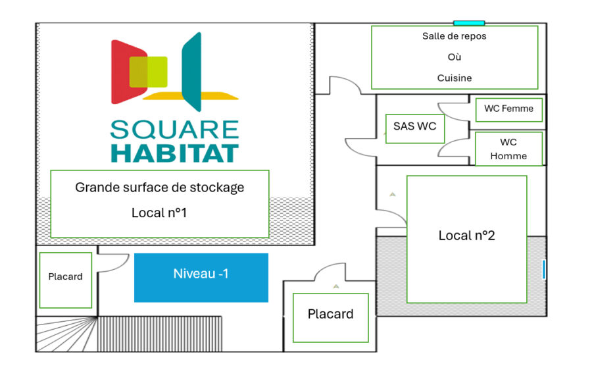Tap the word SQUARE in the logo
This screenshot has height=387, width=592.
tap(174, 129)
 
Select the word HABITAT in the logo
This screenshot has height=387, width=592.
tap(174, 153)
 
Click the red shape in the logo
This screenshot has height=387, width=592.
tap(122, 71)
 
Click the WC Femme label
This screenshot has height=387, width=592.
tap(508, 109)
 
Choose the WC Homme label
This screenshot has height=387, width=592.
tap(508, 149)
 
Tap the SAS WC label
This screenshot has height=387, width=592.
tap(414, 126)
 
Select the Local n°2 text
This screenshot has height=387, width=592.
tap(466, 236)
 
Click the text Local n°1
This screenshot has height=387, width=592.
tap(159, 213)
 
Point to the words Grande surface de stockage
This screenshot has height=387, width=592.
tap(159, 188)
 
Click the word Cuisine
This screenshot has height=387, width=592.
tap(455, 78)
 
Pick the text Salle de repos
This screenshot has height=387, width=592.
tap(455, 36)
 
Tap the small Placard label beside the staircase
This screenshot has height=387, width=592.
tap(65, 276)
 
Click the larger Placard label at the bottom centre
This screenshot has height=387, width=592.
tap(330, 314)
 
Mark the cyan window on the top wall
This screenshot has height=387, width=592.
tap(469, 23)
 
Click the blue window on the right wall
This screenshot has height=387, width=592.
tap(544, 269)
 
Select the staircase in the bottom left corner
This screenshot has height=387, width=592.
tap(66, 334)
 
